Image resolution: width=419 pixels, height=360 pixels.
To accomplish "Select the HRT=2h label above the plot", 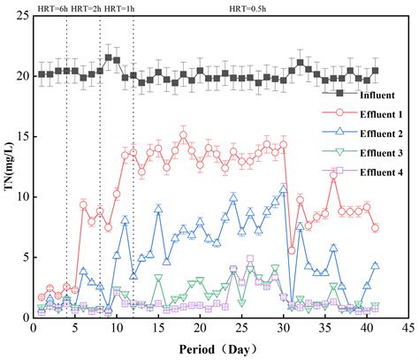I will [x=84, y=8].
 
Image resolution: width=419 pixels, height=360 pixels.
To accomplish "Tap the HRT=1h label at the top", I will [x=119, y=8].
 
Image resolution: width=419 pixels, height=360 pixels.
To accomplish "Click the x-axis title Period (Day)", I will [x=220, y=349].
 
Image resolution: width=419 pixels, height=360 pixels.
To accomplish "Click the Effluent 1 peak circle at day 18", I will [x=183, y=135].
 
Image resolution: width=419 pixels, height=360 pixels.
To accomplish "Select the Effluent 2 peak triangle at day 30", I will [x=283, y=188].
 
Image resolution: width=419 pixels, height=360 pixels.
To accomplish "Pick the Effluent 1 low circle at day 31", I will [x=292, y=250].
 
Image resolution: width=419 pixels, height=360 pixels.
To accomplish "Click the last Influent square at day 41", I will [x=375, y=71].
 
